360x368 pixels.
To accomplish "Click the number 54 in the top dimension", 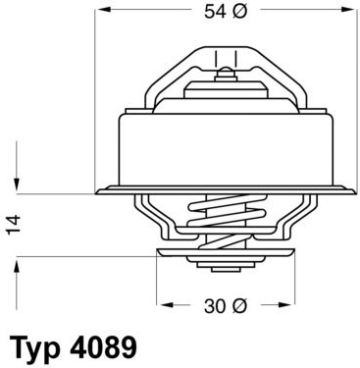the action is (215, 12).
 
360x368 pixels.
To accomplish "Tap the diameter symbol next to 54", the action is (240, 12).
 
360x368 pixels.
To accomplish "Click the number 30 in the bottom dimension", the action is (215, 306).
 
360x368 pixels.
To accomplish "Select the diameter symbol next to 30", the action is (240, 306).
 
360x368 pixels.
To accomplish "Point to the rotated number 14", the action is (14, 225).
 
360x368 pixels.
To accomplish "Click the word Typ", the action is (36, 348).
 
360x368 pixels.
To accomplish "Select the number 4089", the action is (103, 346).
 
